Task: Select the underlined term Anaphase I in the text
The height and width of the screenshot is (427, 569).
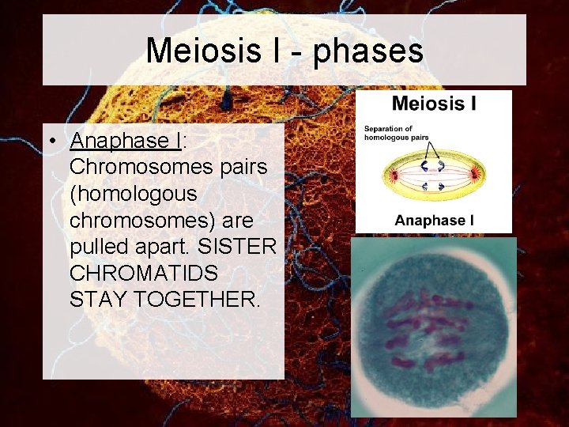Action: tap(126, 142)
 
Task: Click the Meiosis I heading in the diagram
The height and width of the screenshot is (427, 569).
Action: tap(434, 102)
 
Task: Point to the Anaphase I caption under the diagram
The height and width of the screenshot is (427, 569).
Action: tap(434, 220)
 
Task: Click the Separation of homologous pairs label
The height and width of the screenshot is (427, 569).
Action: tap(389, 132)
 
